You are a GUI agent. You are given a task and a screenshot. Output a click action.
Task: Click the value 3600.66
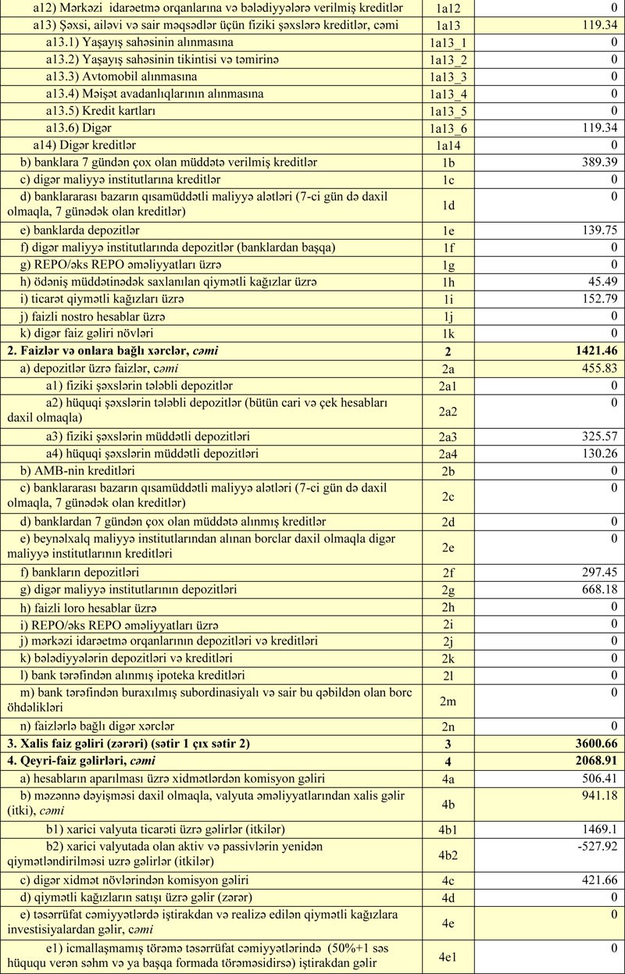click(x=596, y=744)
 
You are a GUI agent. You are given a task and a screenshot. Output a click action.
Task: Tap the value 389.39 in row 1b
click(x=596, y=162)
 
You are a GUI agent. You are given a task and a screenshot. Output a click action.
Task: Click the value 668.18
click(x=596, y=590)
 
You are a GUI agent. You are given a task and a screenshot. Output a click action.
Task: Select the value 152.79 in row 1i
click(x=596, y=298)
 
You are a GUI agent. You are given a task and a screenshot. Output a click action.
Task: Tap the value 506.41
click(x=596, y=778)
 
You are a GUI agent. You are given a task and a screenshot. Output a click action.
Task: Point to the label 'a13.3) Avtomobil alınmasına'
click(x=121, y=77)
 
